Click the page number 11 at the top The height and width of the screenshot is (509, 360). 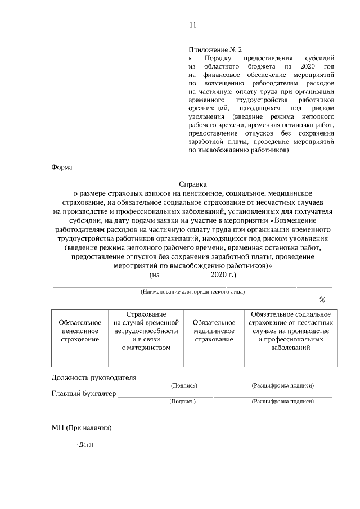193,25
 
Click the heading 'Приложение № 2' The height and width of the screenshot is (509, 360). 215,50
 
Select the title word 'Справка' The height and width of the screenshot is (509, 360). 193,184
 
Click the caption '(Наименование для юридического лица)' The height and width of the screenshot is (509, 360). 192,292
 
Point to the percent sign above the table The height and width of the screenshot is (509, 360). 322,299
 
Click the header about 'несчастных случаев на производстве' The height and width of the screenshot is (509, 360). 291,331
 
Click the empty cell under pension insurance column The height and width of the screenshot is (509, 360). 80,359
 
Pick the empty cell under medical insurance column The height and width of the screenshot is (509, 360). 214,359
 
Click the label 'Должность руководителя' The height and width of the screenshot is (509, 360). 94,377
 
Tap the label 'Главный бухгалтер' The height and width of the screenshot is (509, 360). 84,394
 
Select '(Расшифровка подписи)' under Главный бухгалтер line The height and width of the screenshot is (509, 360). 283,402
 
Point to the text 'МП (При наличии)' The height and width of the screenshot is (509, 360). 82,428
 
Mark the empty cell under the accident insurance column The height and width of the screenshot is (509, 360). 291,359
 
